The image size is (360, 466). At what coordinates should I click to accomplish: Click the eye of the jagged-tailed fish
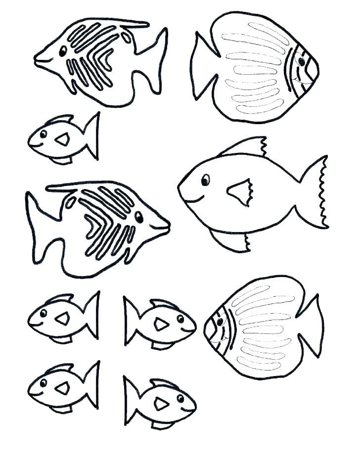pos(205,181)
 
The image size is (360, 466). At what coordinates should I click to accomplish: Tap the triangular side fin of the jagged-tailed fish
pos(240,192)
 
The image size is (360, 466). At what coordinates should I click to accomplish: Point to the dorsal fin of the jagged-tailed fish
pos(245,147)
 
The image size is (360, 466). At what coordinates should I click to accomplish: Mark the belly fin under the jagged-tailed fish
pos(232,241)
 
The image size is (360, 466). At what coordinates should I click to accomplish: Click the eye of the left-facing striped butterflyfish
pos(63,51)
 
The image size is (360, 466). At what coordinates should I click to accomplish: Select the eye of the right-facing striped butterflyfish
pos(139,217)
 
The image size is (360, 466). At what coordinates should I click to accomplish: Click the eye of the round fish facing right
pos(300,61)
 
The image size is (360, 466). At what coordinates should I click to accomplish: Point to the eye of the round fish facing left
pos(220,322)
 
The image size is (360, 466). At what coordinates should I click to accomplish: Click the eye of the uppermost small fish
pos(44,134)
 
